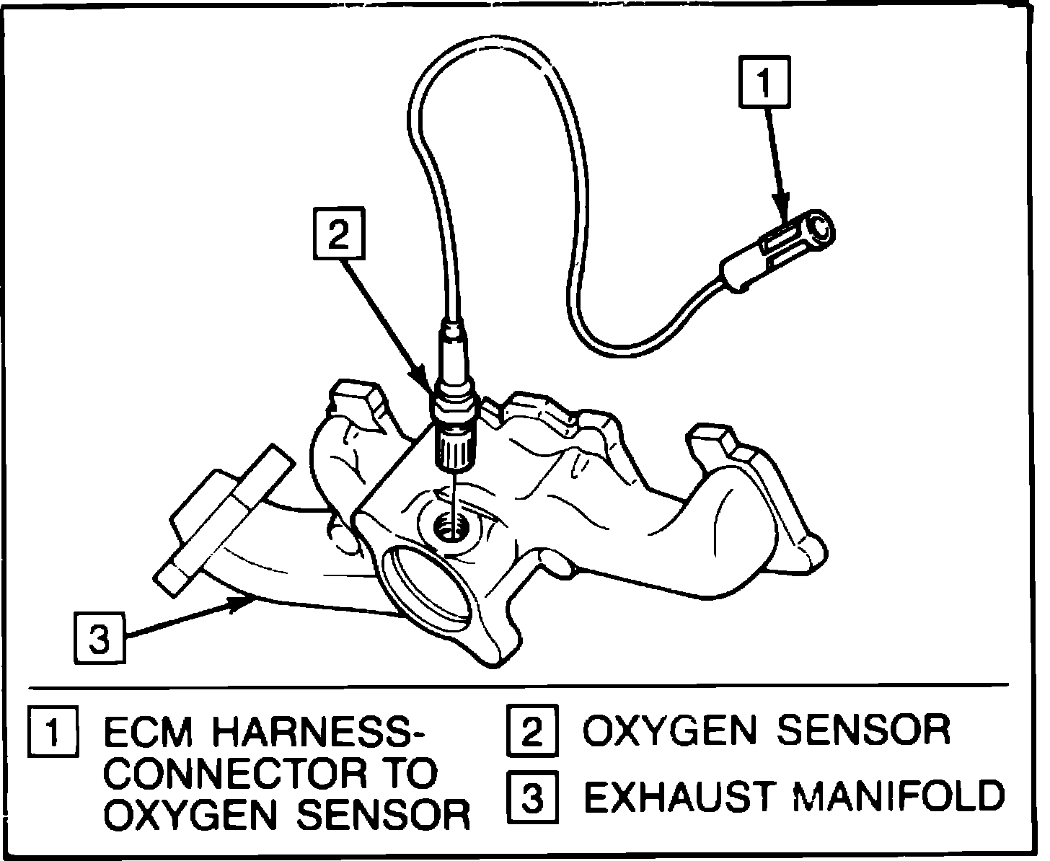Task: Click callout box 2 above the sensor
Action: [x=338, y=234]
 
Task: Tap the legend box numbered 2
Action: [x=531, y=731]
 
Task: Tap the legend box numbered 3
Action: [x=531, y=797]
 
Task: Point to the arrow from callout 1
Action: [x=775, y=159]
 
